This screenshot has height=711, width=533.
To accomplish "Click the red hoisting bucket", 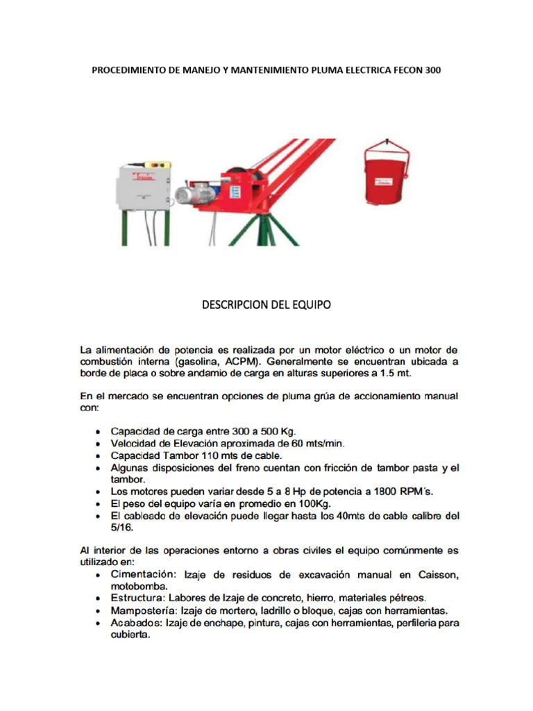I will (386, 179).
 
